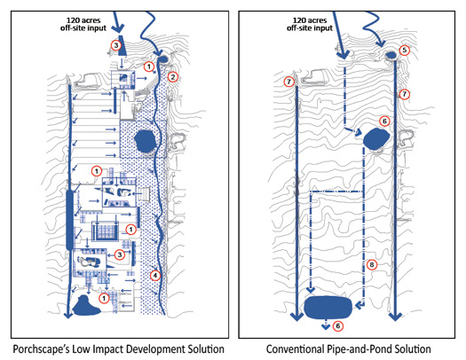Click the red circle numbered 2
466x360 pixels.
click(x=173, y=77)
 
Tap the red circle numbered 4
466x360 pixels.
click(x=154, y=276)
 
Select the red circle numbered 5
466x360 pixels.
click(x=404, y=51)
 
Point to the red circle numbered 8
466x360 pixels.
click(x=372, y=264)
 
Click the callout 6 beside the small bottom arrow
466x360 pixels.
click(x=338, y=326)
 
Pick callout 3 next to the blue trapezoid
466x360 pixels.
click(x=116, y=45)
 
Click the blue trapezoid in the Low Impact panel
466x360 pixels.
click(x=122, y=45)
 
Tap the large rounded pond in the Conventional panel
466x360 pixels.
click(x=328, y=307)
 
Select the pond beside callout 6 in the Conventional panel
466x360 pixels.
click(x=376, y=138)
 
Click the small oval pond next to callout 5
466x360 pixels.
click(x=391, y=55)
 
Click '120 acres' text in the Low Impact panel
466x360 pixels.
click(x=83, y=20)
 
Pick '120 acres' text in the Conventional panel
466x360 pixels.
click(x=310, y=20)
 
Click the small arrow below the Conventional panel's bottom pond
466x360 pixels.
click(x=326, y=325)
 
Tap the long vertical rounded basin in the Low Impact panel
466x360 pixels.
click(x=69, y=220)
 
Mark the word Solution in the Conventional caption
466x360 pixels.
click(x=413, y=349)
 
